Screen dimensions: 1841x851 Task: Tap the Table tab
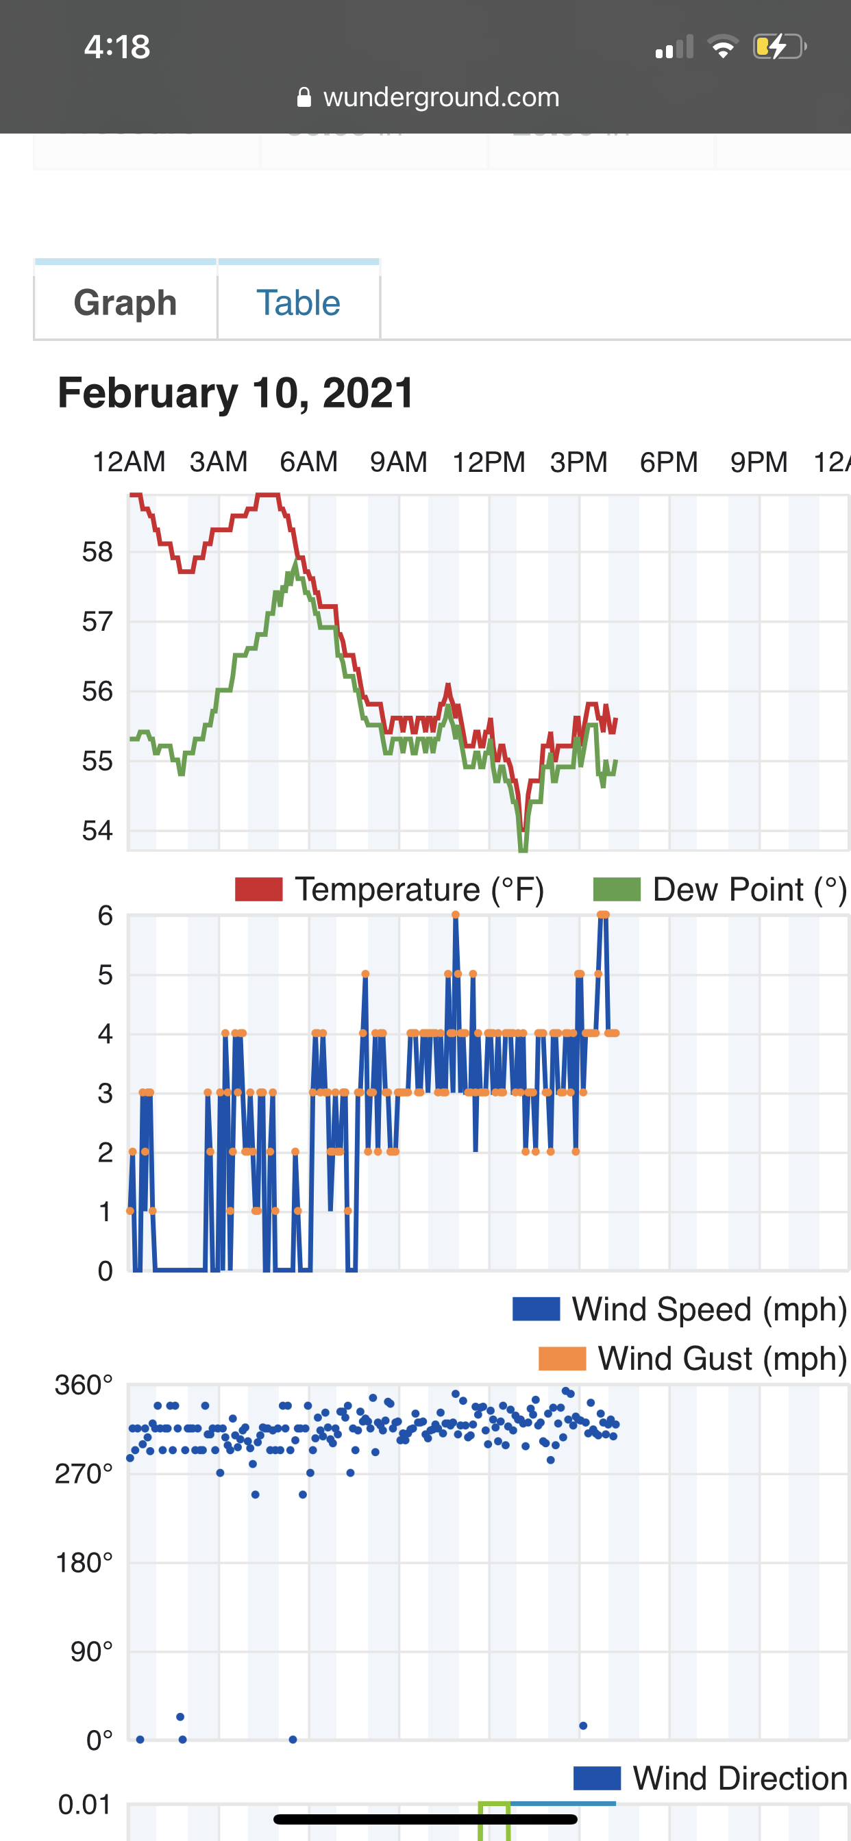pyautogui.click(x=298, y=302)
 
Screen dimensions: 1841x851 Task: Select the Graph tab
pyautogui.click(x=125, y=302)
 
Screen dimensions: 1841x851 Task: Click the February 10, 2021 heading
pyautogui.click(x=236, y=392)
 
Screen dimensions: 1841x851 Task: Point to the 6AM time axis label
pyautogui.click(x=308, y=462)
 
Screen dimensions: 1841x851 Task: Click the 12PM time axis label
pyautogui.click(x=489, y=462)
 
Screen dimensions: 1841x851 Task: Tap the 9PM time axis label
pyautogui.click(x=758, y=462)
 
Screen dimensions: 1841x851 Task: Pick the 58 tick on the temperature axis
pyautogui.click(x=97, y=552)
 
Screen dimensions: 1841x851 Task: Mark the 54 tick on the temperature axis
pyautogui.click(x=97, y=831)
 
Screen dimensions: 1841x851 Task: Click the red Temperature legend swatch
pyautogui.click(x=259, y=890)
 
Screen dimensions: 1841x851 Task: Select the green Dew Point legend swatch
pyautogui.click(x=617, y=890)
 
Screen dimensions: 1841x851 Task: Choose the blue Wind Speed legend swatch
pyautogui.click(x=536, y=1310)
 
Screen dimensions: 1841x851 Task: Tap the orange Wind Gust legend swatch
pyautogui.click(x=562, y=1358)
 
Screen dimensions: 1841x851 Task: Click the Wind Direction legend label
pyautogui.click(x=740, y=1778)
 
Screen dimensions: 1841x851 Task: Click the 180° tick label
pyautogui.click(x=84, y=1563)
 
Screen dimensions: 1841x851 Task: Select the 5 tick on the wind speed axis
pyautogui.click(x=105, y=975)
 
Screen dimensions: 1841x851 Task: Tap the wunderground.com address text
pyautogui.click(x=441, y=97)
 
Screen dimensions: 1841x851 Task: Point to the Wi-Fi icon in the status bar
pyautogui.click(x=723, y=47)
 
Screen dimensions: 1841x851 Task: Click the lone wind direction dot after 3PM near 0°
pyautogui.click(x=583, y=1725)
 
